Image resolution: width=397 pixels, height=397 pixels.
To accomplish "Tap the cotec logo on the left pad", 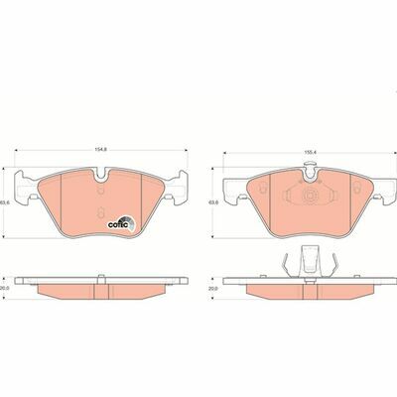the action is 121,224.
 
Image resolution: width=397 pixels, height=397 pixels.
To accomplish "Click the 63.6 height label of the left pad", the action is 4,202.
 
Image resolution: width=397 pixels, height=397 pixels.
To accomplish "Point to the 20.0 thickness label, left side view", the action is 4,288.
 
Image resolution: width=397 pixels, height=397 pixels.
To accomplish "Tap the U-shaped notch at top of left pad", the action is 101,176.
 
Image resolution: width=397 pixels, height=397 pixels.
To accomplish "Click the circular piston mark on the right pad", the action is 310,195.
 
